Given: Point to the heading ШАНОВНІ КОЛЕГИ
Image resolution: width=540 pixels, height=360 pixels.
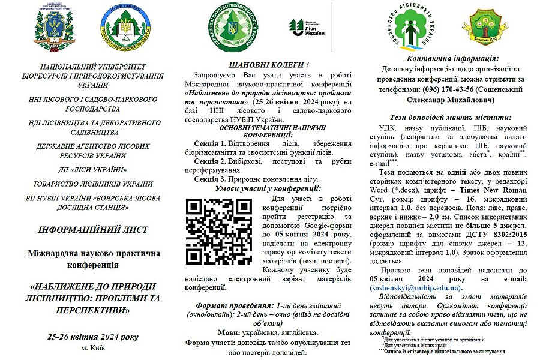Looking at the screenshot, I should pyautogui.click(x=264, y=64).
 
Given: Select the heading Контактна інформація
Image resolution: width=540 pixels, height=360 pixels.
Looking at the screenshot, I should pyautogui.click(x=452, y=58).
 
